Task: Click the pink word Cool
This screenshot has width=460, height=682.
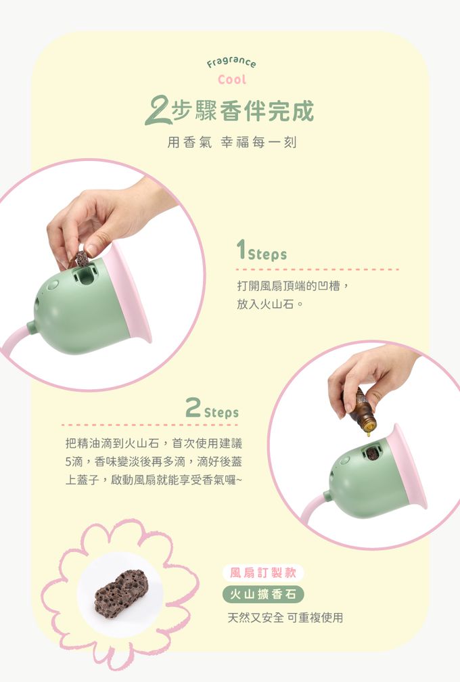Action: (x=232, y=80)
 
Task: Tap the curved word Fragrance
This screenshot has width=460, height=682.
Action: (x=231, y=63)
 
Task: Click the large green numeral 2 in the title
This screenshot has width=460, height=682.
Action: (x=158, y=111)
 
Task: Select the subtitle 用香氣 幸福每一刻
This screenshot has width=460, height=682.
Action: (x=232, y=142)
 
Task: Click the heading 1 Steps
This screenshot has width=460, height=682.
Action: (x=262, y=250)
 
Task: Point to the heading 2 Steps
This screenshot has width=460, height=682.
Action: (x=212, y=409)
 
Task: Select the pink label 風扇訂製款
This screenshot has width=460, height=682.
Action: (x=262, y=572)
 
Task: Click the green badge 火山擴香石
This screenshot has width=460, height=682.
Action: (x=262, y=594)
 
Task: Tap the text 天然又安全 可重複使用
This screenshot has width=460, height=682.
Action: (x=285, y=617)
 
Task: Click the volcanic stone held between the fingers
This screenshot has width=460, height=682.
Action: (x=81, y=258)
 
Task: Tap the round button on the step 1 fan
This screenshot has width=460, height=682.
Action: (x=53, y=285)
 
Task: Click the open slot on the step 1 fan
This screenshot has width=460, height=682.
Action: (x=86, y=275)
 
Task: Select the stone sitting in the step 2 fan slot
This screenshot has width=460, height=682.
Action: (x=371, y=453)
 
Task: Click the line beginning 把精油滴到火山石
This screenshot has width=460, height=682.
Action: (x=154, y=443)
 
